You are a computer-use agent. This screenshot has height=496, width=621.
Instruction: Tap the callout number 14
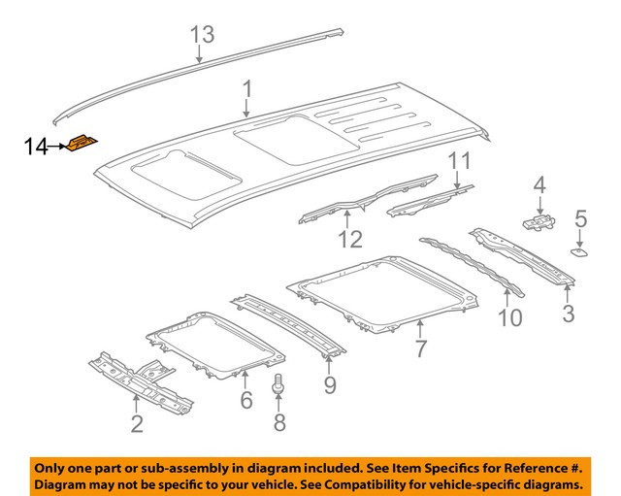pyautogui.click(x=36, y=147)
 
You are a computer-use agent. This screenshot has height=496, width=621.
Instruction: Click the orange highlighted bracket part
pyautogui.click(x=81, y=145)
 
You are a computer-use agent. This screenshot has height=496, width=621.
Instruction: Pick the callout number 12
pyautogui.click(x=350, y=239)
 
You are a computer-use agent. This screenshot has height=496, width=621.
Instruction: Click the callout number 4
pyautogui.click(x=539, y=183)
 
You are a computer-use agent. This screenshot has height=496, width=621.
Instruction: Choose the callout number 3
pyautogui.click(x=568, y=313)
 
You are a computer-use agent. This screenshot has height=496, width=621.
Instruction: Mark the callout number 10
pyautogui.click(x=509, y=316)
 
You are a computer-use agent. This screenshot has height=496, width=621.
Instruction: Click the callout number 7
pyautogui.click(x=419, y=348)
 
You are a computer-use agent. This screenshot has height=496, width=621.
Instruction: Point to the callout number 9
pyautogui.click(x=328, y=387)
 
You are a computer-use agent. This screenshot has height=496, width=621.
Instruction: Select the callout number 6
pyautogui.click(x=245, y=399)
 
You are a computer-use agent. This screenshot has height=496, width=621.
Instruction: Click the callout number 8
pyautogui.click(x=280, y=421)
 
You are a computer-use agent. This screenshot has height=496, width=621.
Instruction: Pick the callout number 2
pyautogui.click(x=137, y=422)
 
